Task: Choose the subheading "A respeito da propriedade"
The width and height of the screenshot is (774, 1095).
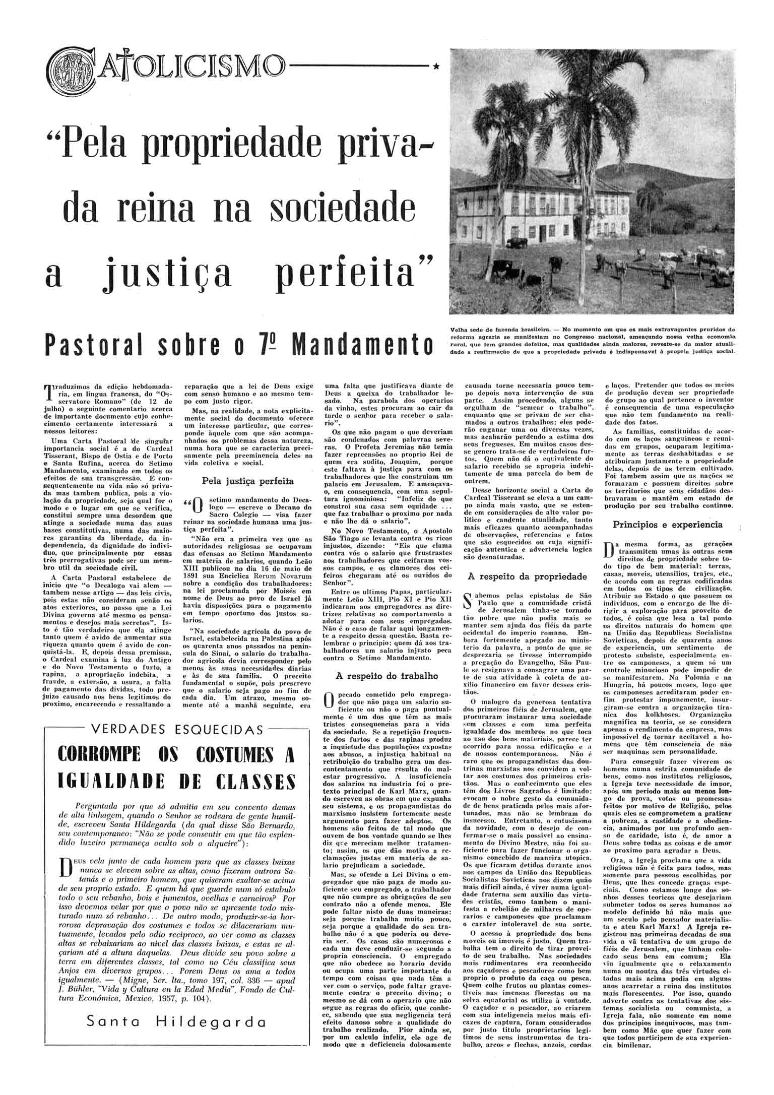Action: (528, 576)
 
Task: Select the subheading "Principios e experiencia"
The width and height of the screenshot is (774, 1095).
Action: (668, 525)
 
